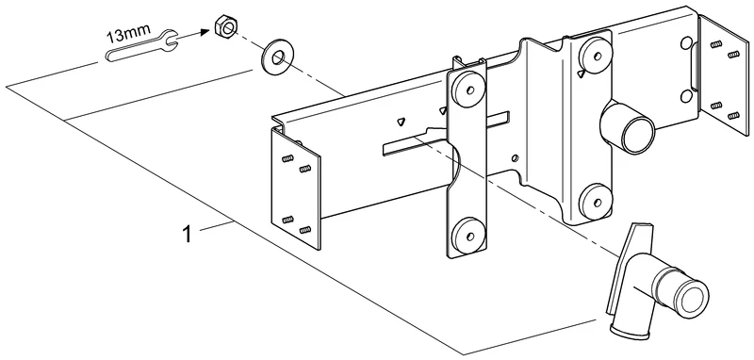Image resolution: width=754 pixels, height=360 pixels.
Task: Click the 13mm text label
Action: [129, 36]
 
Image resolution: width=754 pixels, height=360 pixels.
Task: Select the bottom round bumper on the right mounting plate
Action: [594, 199]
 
